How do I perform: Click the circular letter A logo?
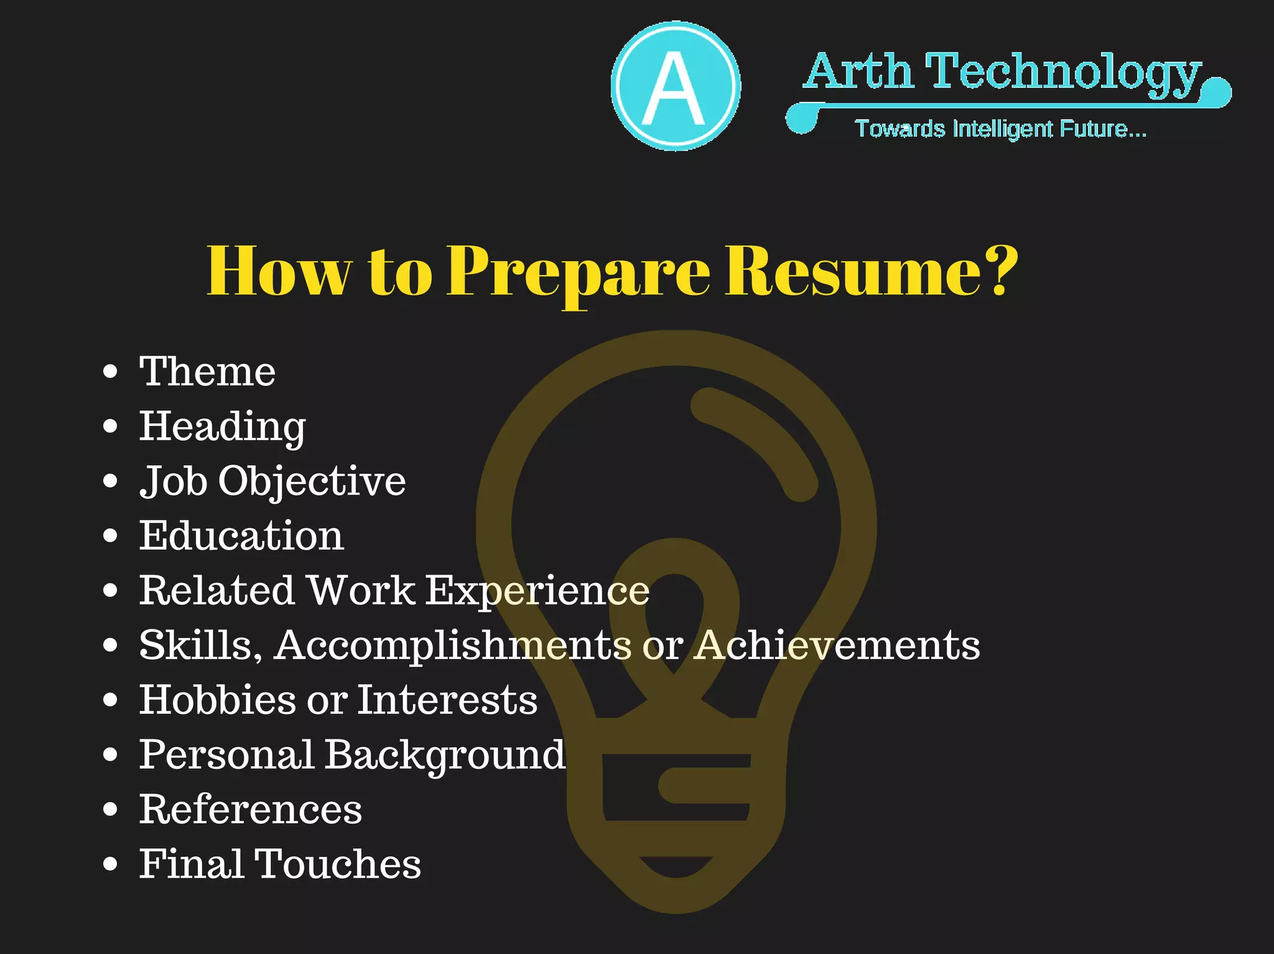pos(676,86)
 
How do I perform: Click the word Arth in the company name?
pos(858,72)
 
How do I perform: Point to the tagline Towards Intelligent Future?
pos(1000,129)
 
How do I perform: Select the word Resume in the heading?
pos(861,271)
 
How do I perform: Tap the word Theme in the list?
pos(207,372)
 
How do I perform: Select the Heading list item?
pos(222,427)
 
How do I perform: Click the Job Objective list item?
pos(272,481)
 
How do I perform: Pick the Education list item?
pos(241,535)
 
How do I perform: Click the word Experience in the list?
pos(537,590)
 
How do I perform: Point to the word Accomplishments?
pos(453,645)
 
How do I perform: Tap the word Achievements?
pos(837,645)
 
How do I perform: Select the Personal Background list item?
pos(352,755)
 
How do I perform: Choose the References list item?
pos(250,809)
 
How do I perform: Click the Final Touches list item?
pos(280,864)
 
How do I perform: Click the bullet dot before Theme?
pos(110,372)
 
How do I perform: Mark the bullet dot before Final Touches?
pos(110,864)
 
